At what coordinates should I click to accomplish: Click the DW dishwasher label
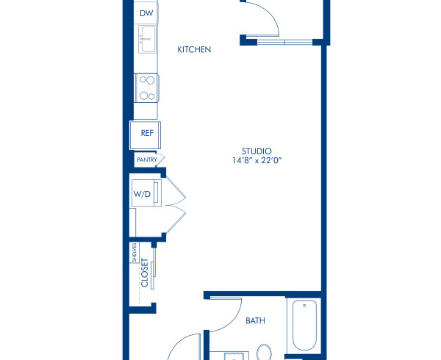(x=146, y=13)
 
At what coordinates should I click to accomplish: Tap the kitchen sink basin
(x=146, y=39)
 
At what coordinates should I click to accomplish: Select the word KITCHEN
(x=195, y=50)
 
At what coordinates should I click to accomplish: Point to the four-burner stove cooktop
(x=146, y=87)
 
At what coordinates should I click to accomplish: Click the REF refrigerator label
(x=146, y=134)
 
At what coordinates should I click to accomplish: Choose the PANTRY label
(x=146, y=159)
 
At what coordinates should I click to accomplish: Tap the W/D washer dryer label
(x=141, y=194)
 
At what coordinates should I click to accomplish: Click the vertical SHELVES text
(x=135, y=252)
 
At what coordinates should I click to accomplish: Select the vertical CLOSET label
(x=144, y=273)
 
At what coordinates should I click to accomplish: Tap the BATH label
(x=255, y=320)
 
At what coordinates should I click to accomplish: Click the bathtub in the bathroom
(x=304, y=325)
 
